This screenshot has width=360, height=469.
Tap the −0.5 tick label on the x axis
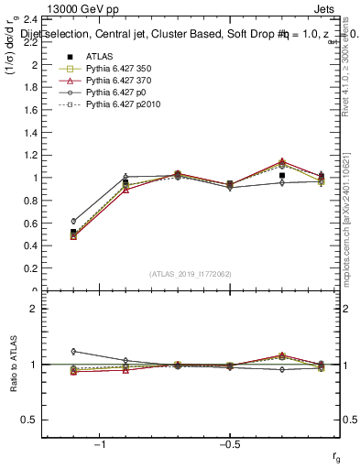pyautogui.click(x=229, y=445)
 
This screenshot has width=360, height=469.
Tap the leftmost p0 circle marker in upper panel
pyautogui.click(x=73, y=221)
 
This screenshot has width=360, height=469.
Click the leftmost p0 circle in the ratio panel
pyautogui.click(x=73, y=351)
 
